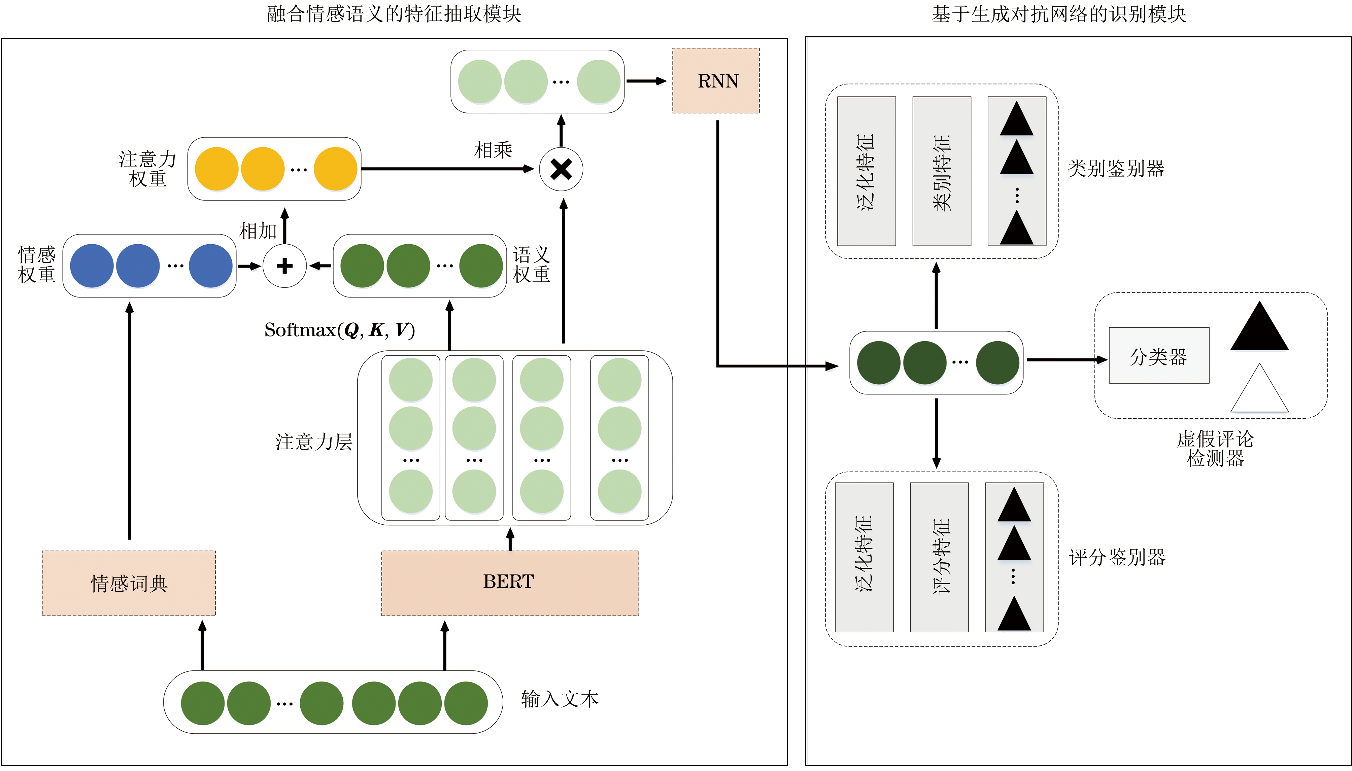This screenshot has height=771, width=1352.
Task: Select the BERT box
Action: (509, 583)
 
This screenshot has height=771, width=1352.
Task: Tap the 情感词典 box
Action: (129, 583)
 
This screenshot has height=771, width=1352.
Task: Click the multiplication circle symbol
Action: (561, 170)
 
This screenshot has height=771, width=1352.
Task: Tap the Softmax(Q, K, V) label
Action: (339, 330)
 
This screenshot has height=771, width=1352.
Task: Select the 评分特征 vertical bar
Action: (939, 557)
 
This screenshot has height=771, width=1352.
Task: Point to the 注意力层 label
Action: (313, 442)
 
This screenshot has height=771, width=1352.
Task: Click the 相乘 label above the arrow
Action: (493, 150)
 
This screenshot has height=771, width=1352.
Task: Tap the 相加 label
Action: (258, 231)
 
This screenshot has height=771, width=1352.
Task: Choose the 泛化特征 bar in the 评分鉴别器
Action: (864, 557)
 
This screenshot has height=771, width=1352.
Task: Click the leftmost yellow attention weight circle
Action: (216, 169)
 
